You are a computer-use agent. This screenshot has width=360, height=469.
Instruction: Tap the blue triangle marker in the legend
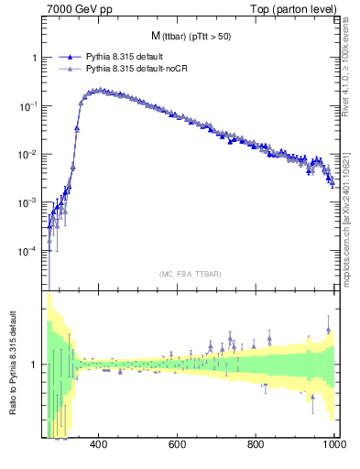70,57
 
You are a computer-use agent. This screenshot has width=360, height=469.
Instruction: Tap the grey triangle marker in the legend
70,69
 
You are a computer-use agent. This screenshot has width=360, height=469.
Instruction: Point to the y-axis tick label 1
37,58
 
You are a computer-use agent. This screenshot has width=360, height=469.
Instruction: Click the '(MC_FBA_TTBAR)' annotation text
191,274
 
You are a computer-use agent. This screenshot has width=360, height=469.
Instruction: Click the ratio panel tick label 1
37,365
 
